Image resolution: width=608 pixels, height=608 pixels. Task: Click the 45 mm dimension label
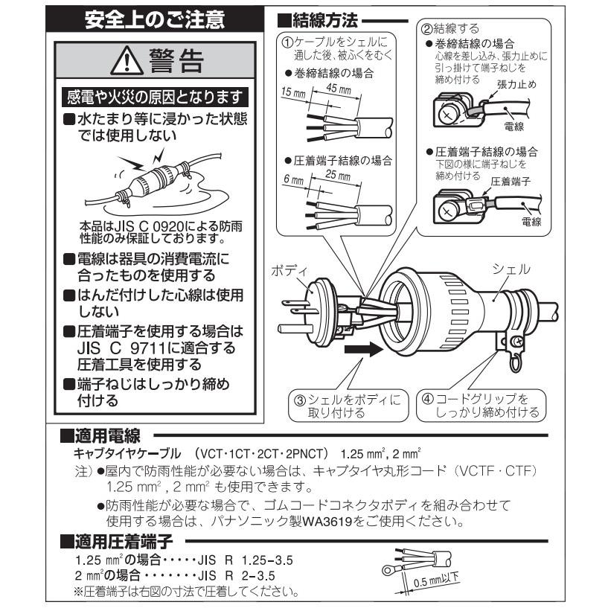337,89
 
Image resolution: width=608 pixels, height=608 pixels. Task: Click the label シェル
511,269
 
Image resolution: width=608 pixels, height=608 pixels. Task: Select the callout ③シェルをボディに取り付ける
348,406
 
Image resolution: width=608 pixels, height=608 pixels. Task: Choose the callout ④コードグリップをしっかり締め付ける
479,406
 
